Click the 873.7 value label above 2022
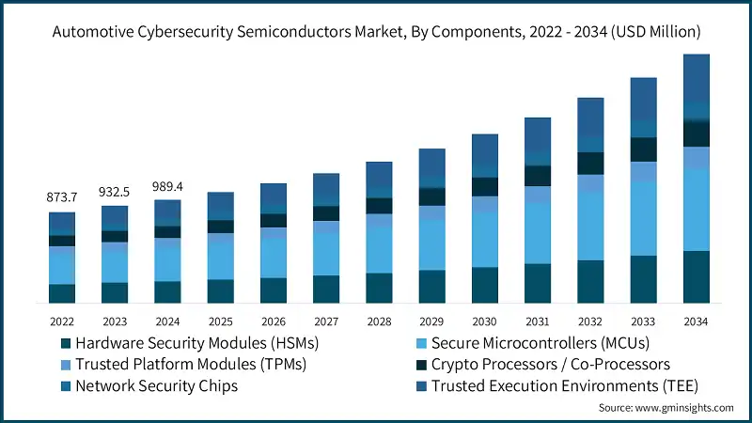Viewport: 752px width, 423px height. click(62, 198)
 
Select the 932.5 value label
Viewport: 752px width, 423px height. click(115, 192)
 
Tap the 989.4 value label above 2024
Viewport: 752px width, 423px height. click(167, 186)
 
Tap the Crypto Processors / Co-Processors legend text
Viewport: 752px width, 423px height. click(550, 364)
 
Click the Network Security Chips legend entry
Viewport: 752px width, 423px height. click(156, 385)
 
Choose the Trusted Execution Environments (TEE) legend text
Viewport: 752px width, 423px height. click(562, 385)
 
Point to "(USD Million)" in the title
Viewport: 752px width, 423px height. click(650, 32)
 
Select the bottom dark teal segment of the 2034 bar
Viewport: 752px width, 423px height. click(696, 276)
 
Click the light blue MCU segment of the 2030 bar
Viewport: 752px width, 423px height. click(484, 239)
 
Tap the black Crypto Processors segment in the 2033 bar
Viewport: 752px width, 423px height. click(643, 149)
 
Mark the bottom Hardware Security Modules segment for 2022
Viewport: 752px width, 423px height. click(62, 293)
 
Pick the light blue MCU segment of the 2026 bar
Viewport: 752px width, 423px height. click(273, 258)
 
